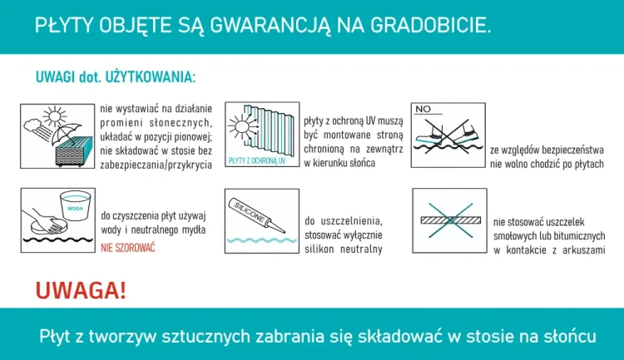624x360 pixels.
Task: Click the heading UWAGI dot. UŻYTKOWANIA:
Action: point(116,78)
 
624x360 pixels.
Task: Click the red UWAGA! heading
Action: point(81,290)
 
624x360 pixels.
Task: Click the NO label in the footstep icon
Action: point(424,109)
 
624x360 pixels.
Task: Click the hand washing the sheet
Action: point(41,219)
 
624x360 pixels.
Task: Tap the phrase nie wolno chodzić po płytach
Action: point(547,164)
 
